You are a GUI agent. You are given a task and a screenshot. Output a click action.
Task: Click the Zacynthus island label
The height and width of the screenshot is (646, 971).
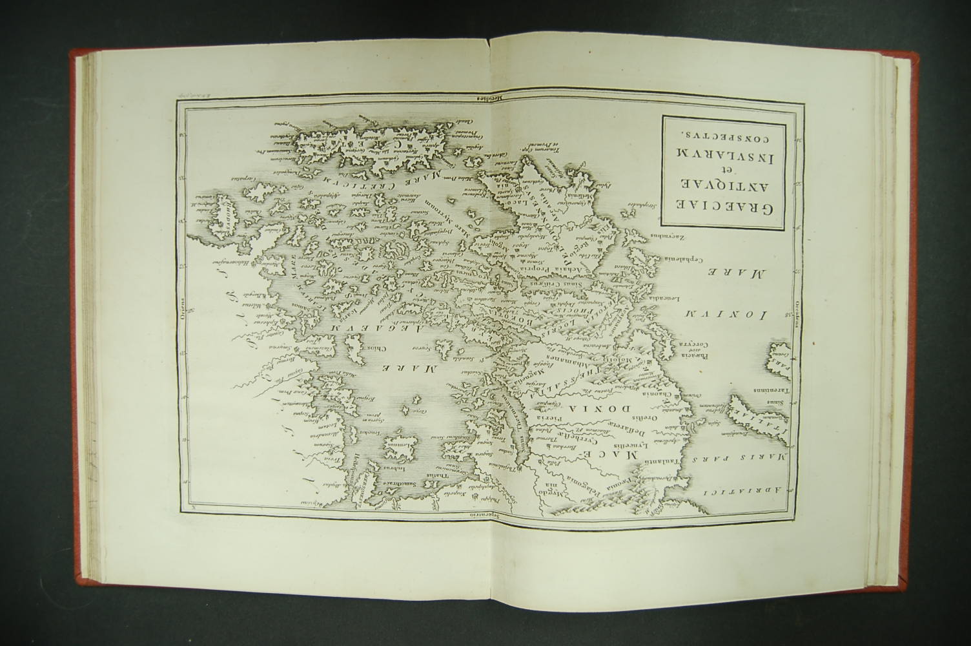[x=671, y=237]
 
